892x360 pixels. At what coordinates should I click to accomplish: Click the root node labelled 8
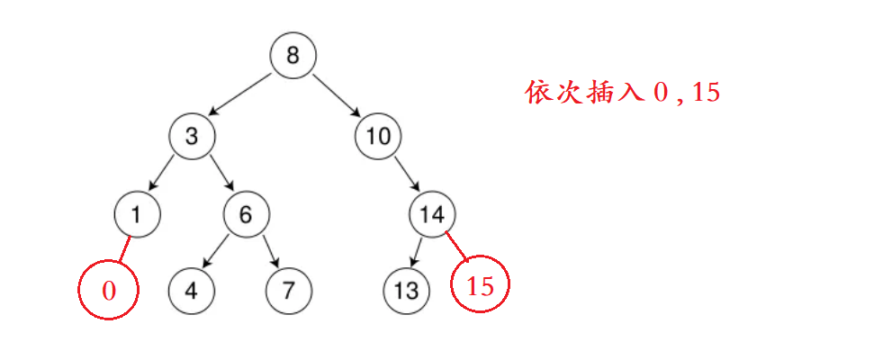coord(293,56)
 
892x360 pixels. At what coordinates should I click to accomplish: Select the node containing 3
coord(191,136)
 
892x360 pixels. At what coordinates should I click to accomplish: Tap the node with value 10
coord(378,136)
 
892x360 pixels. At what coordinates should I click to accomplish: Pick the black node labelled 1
coord(138,214)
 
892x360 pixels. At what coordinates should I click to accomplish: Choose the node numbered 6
coord(247,214)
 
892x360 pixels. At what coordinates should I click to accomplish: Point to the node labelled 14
coord(433,214)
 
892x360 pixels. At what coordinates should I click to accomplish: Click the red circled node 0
coord(109,290)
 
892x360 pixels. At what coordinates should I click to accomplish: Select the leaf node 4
coord(192,290)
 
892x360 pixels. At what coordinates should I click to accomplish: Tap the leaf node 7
coord(289,290)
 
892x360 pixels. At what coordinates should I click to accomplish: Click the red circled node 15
coord(481,286)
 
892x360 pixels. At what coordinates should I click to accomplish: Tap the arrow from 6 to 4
coord(219,251)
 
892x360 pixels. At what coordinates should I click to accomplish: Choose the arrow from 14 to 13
coord(419,250)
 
